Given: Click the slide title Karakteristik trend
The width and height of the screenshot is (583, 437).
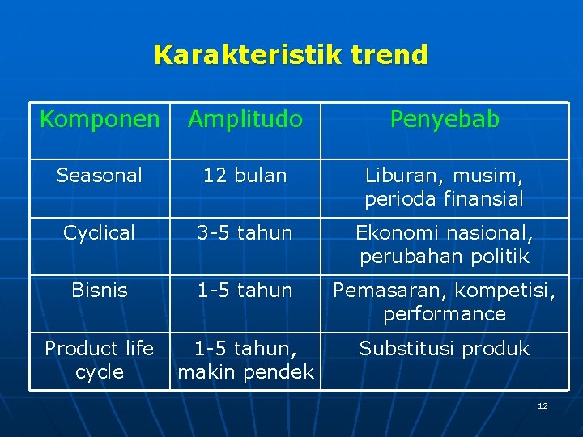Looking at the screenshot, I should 291,55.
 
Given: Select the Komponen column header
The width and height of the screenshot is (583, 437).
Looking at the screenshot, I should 100,120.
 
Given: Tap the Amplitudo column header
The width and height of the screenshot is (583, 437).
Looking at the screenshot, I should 245,120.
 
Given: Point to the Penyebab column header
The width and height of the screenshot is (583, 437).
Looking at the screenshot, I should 445,120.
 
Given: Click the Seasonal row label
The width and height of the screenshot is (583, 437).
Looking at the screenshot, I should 100,175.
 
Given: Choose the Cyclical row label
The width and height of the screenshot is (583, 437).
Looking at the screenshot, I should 100,233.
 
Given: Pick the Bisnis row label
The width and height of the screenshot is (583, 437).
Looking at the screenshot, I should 100,290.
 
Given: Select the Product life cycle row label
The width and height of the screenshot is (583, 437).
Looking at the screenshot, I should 100,360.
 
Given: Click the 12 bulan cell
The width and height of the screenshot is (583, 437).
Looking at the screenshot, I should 245,175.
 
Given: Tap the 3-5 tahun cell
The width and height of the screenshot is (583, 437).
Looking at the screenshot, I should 245,233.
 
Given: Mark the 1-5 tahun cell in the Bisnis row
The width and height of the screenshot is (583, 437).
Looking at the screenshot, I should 245,290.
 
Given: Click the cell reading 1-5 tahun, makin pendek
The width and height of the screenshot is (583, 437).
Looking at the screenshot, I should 245,360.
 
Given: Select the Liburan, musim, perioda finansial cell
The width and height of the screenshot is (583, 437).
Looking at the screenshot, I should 445,187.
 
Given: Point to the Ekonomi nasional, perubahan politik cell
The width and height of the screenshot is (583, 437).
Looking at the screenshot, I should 445,245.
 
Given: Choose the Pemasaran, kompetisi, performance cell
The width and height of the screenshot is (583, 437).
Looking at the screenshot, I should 445,302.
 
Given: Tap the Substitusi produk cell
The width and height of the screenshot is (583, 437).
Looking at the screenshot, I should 445,349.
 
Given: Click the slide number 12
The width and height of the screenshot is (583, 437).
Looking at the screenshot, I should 543,405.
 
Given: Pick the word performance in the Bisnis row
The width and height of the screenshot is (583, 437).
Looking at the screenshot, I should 445,314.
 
